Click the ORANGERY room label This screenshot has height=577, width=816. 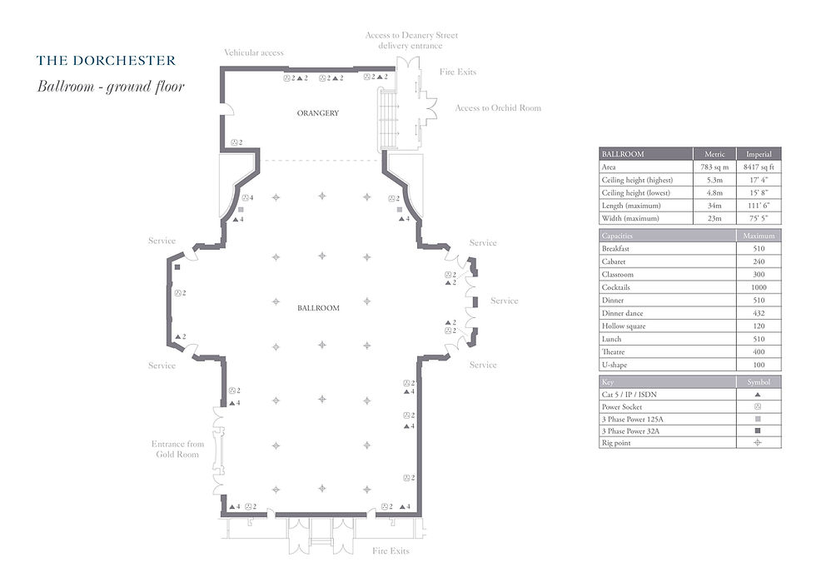tap(317, 113)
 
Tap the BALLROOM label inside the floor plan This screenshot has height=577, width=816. tap(318, 308)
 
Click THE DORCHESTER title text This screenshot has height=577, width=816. tap(107, 60)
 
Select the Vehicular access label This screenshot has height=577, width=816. tap(254, 52)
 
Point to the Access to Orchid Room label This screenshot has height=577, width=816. tap(498, 108)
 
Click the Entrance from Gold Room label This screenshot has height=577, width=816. tap(177, 449)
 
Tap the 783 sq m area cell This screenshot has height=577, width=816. tap(714, 167)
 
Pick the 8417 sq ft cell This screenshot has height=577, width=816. tap(759, 167)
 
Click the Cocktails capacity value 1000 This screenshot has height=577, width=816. tap(759, 287)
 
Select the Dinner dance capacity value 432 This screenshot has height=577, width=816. tap(759, 313)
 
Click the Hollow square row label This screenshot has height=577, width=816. tap(624, 326)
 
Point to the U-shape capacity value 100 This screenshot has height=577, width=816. tap(759, 365)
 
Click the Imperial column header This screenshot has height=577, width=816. tap(759, 154)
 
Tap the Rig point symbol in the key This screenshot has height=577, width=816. tap(758, 443)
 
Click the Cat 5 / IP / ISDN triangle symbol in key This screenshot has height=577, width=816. tap(758, 395)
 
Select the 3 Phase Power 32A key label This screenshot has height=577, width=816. tap(630, 431)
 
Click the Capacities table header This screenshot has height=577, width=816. tap(617, 236)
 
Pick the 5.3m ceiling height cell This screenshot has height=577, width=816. tap(714, 180)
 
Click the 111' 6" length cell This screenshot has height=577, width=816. tap(759, 206)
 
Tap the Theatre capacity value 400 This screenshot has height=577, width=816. tap(759, 352)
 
